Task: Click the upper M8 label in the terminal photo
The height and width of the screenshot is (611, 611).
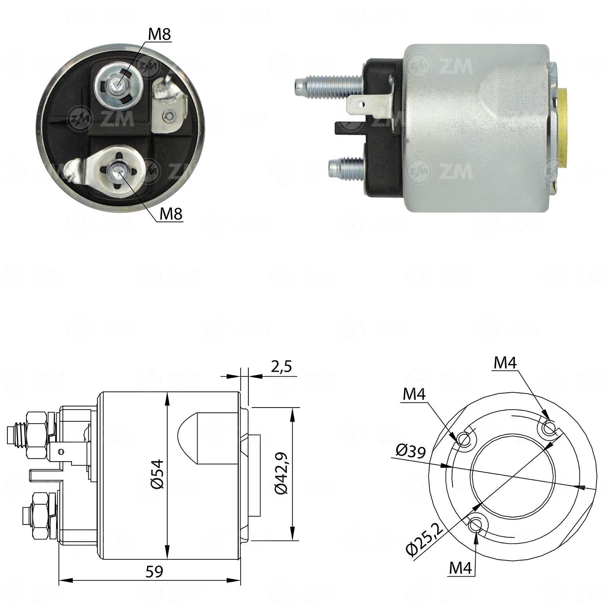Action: [x=160, y=35]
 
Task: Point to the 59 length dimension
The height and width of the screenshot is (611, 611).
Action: [x=154, y=571]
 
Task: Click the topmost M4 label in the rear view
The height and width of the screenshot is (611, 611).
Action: [x=505, y=363]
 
